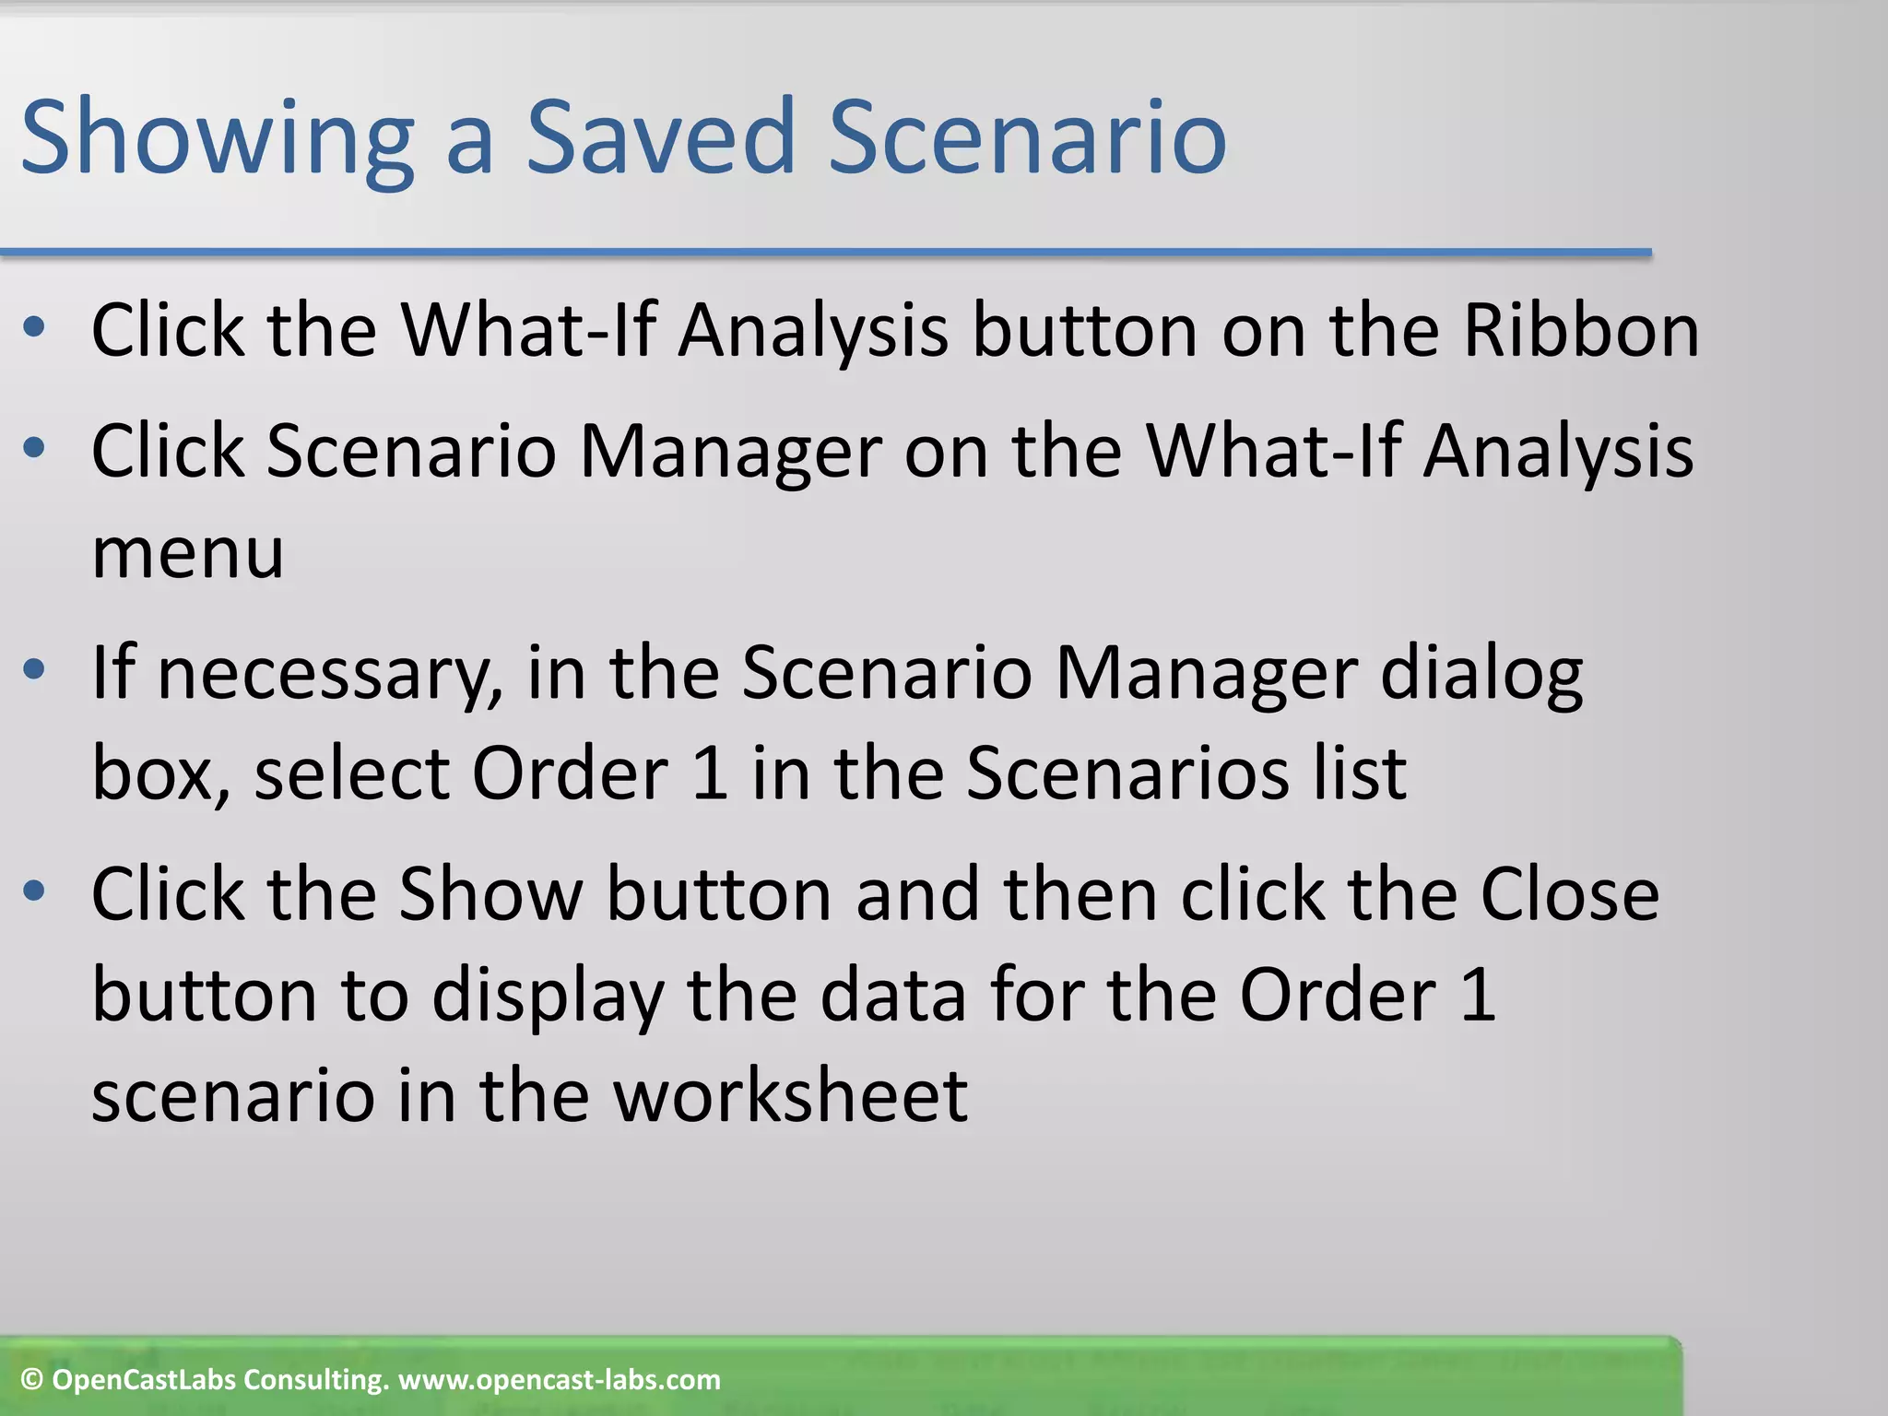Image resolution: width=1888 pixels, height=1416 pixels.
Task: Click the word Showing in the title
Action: [217, 138]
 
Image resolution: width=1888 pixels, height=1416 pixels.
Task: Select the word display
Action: [549, 997]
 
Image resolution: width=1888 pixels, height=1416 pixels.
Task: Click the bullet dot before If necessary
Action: [34, 671]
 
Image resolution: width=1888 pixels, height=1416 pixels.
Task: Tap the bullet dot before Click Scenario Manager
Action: [34, 449]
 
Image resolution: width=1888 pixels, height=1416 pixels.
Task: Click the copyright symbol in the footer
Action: [32, 1380]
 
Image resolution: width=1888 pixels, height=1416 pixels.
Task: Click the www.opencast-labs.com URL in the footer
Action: [559, 1380]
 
